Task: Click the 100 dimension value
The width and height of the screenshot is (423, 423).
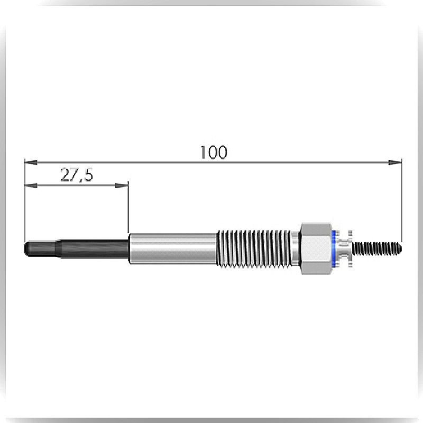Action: point(214,152)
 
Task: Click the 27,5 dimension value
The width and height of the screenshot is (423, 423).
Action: point(77,175)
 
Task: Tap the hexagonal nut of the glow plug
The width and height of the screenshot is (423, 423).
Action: point(316,249)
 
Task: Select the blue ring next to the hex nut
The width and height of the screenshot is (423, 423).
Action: point(334,249)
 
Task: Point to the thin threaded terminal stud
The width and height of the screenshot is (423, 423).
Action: point(377,249)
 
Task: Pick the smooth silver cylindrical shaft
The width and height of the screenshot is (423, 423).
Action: point(173,249)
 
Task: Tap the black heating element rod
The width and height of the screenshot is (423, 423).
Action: point(76,249)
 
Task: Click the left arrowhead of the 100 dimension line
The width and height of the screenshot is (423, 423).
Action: point(31,162)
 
